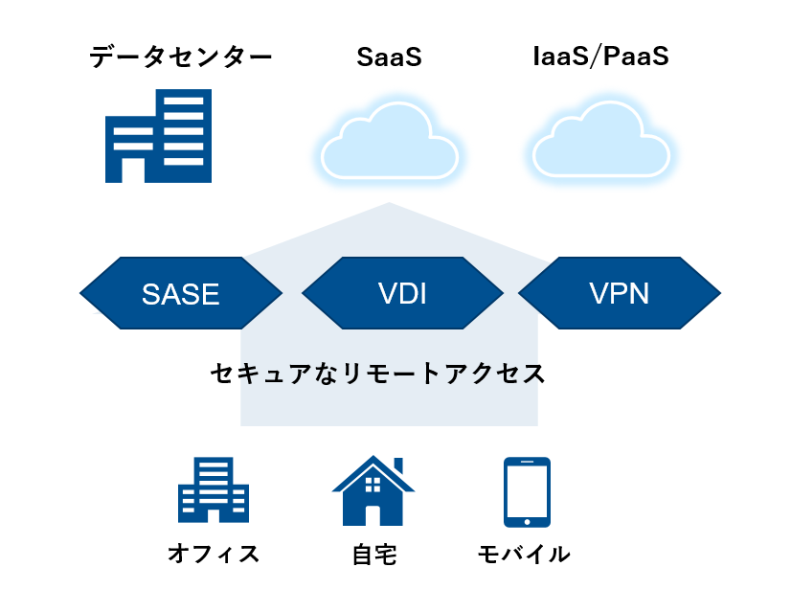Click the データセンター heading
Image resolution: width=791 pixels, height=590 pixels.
click(x=181, y=57)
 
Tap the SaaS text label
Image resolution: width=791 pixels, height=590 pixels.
click(x=389, y=57)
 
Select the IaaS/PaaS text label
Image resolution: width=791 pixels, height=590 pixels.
click(x=600, y=56)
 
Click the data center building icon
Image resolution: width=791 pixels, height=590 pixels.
click(x=158, y=136)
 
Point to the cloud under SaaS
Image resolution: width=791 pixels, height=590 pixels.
click(x=390, y=142)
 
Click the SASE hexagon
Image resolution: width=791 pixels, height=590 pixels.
click(x=181, y=293)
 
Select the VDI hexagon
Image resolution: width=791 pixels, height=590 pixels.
click(x=402, y=293)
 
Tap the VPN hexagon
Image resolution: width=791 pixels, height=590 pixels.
click(x=620, y=293)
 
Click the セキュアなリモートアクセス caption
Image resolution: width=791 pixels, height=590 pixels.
click(x=378, y=374)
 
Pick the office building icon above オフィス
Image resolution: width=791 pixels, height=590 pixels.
click(x=214, y=489)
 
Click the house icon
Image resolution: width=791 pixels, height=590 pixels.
click(x=373, y=490)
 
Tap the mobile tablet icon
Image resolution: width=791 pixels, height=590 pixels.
click(x=527, y=492)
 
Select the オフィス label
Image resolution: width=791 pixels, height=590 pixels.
click(x=214, y=554)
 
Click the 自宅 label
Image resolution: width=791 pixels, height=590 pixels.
click(x=374, y=555)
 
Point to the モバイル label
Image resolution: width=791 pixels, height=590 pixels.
click(x=524, y=554)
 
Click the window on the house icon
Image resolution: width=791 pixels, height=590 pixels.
click(x=373, y=485)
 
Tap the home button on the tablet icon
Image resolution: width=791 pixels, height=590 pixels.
click(x=527, y=522)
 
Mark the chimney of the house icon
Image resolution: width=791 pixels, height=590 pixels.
click(x=398, y=465)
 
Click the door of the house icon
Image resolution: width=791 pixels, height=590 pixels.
click(x=373, y=515)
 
